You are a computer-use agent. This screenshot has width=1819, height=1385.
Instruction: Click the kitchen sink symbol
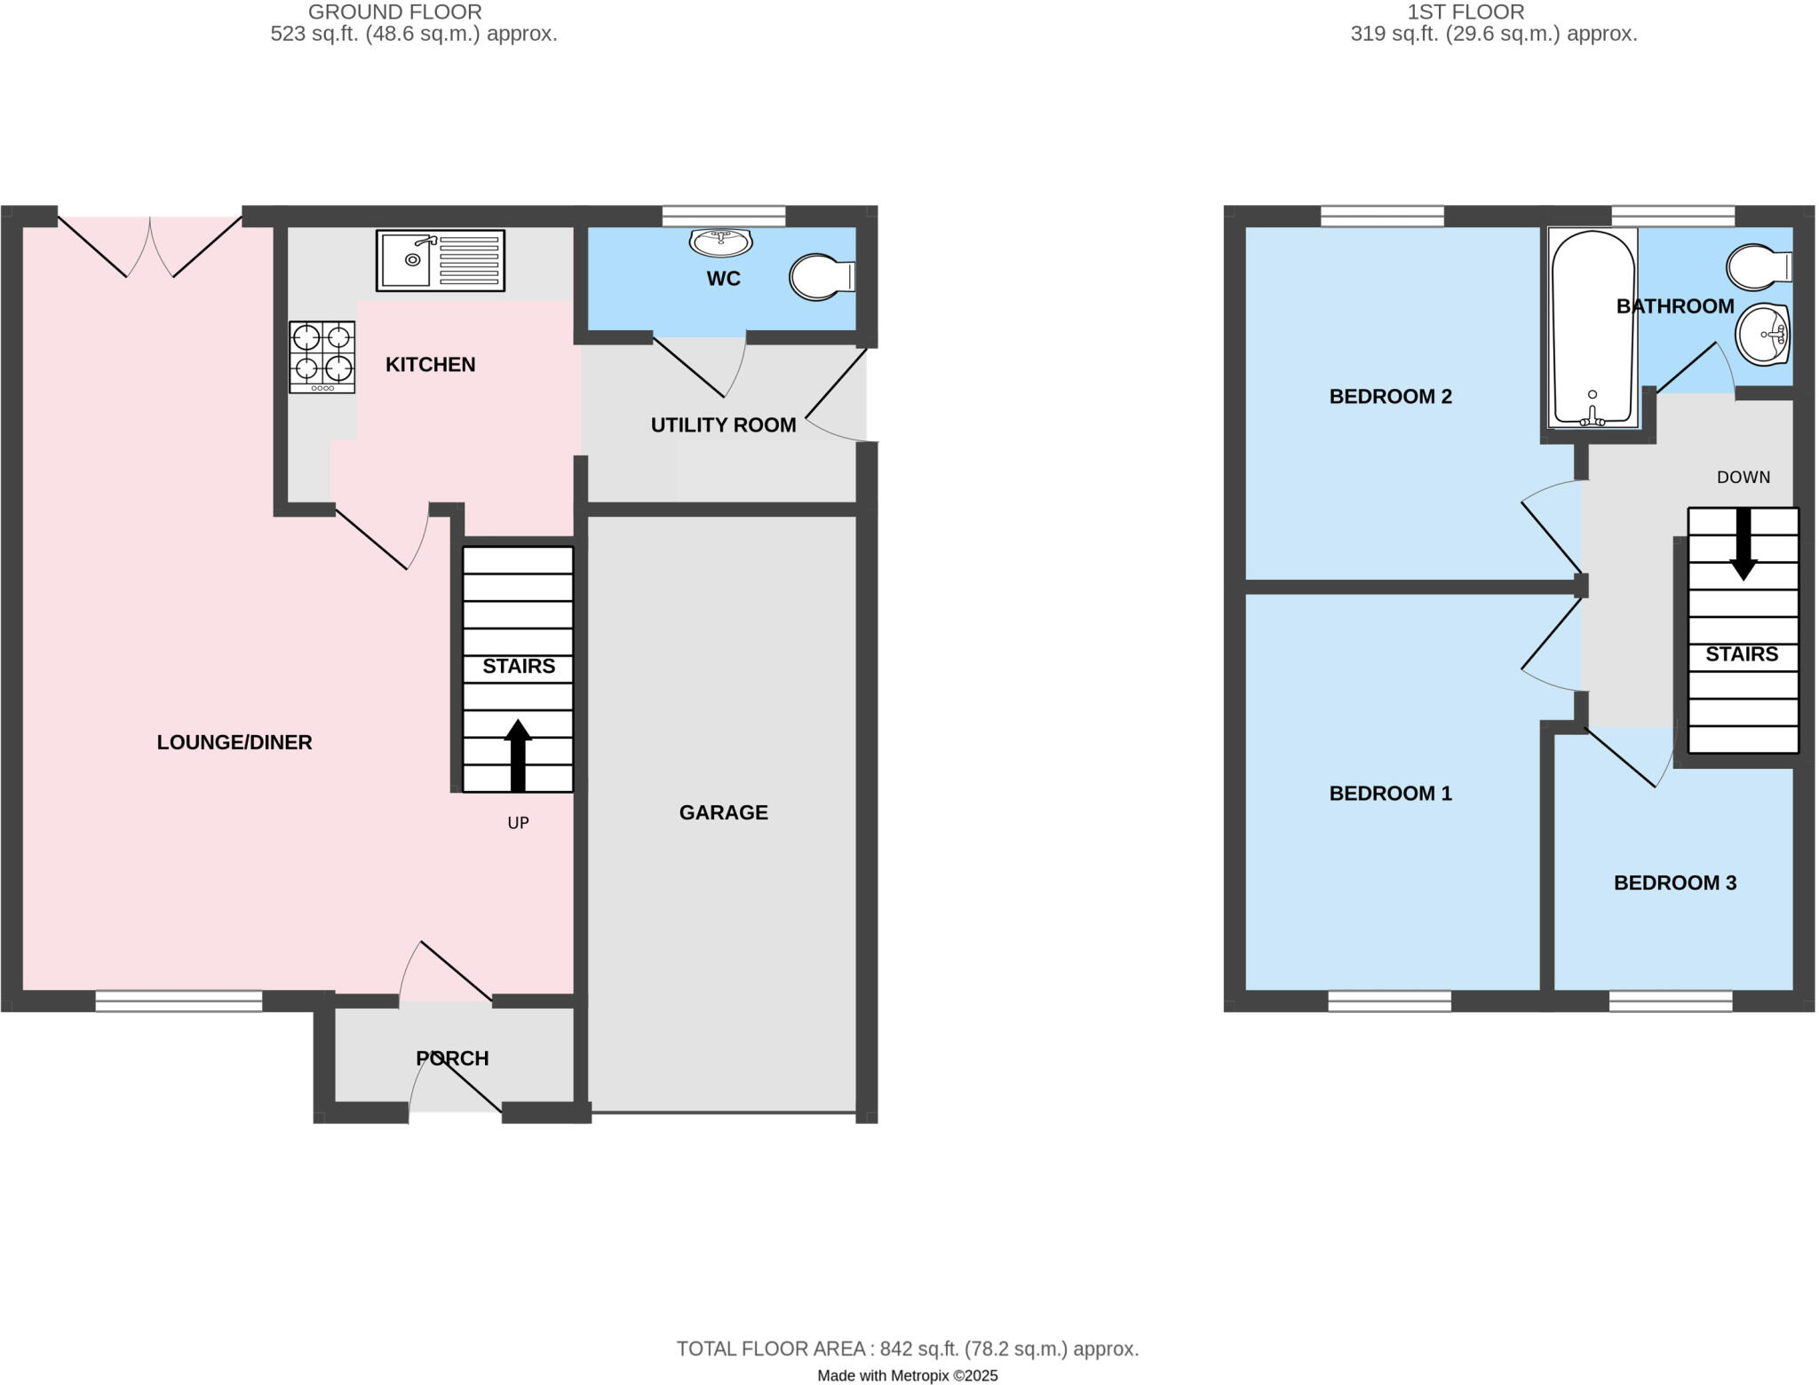coord(441,260)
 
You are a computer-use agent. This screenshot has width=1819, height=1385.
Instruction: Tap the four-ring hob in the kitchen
coord(322,357)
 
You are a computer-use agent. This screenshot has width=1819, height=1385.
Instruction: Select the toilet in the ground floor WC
coord(821,277)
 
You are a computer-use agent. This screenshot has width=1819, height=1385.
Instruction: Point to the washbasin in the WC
coord(721,241)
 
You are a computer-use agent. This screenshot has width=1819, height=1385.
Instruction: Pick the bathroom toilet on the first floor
coord(1757,266)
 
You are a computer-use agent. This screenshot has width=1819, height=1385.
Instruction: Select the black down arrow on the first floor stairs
coord(1744,543)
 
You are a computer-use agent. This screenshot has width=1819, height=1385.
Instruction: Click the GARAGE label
coord(723,812)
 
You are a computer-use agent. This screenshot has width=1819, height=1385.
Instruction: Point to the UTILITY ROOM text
coord(723,425)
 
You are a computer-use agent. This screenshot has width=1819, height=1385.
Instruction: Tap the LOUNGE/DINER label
coord(234,742)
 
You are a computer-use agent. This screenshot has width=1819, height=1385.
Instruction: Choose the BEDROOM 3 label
coord(1674,882)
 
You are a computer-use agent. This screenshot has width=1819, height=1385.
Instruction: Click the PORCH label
coord(452,1058)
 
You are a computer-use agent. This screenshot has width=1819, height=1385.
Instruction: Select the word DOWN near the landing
coord(1743,478)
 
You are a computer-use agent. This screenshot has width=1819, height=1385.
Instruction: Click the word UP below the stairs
coord(518,823)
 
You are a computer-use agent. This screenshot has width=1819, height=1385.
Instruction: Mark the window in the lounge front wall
coord(179,1001)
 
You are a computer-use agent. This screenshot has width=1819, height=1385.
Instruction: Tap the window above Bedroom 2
coord(1381,216)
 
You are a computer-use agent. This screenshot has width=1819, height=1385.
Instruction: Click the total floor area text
coord(907,1349)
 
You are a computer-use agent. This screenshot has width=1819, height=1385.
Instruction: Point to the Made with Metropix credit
coord(907,1376)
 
